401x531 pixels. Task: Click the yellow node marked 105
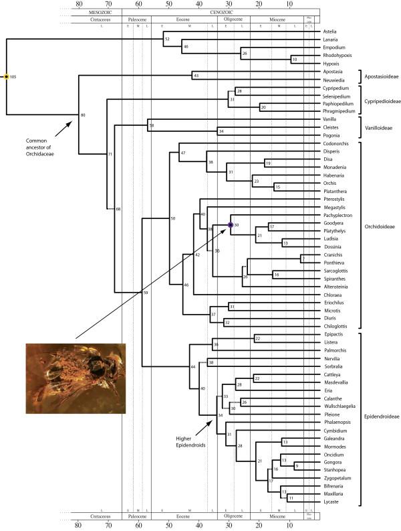[x=7, y=77]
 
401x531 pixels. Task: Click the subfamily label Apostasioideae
[x=383, y=77]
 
